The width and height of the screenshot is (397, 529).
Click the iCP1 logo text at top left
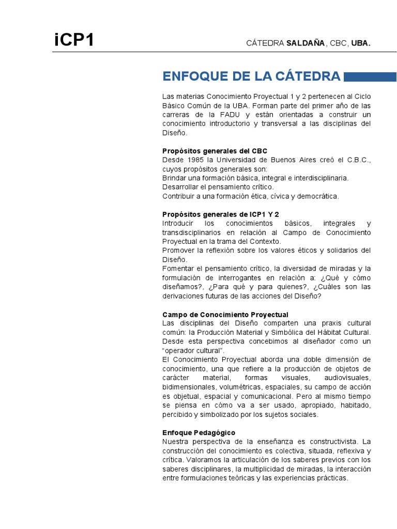coord(74,40)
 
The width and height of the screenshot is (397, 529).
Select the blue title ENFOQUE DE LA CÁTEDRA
coord(251,77)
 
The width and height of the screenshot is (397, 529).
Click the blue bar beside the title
coord(370,77)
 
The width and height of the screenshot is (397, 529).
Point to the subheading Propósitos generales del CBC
coord(215,151)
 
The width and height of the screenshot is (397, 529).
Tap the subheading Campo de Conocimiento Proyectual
coord(225,315)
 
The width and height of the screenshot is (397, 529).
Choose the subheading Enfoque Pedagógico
coord(198,432)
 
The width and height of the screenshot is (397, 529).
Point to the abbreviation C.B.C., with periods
coord(358,160)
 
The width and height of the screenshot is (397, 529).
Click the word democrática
coord(318,196)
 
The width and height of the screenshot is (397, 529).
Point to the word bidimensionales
coord(189,387)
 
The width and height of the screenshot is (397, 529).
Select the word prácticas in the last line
coord(332,478)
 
